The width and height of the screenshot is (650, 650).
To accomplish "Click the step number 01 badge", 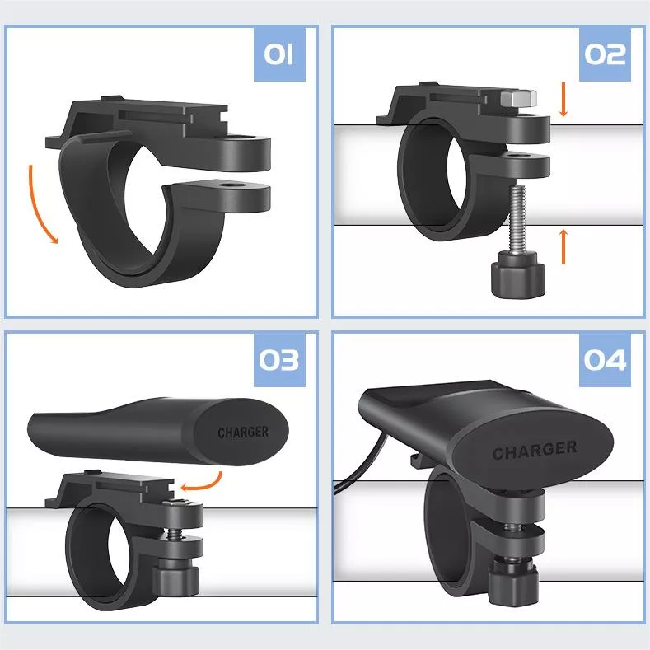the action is [279, 54].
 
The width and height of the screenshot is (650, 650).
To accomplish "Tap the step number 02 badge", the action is [605, 54].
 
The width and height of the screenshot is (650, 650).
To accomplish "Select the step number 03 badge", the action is [279, 360].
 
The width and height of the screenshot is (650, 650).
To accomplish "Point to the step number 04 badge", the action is [605, 360].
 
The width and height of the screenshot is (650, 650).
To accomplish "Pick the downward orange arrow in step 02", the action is [563, 99].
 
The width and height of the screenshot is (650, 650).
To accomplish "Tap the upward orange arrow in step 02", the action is [563, 246].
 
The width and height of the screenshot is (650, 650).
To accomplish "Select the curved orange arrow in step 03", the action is [203, 483].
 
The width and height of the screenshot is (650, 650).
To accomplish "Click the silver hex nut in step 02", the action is [518, 98].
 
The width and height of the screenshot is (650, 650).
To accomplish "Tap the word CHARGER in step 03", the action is [243, 433].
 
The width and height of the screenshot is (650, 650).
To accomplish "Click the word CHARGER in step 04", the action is [535, 450].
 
